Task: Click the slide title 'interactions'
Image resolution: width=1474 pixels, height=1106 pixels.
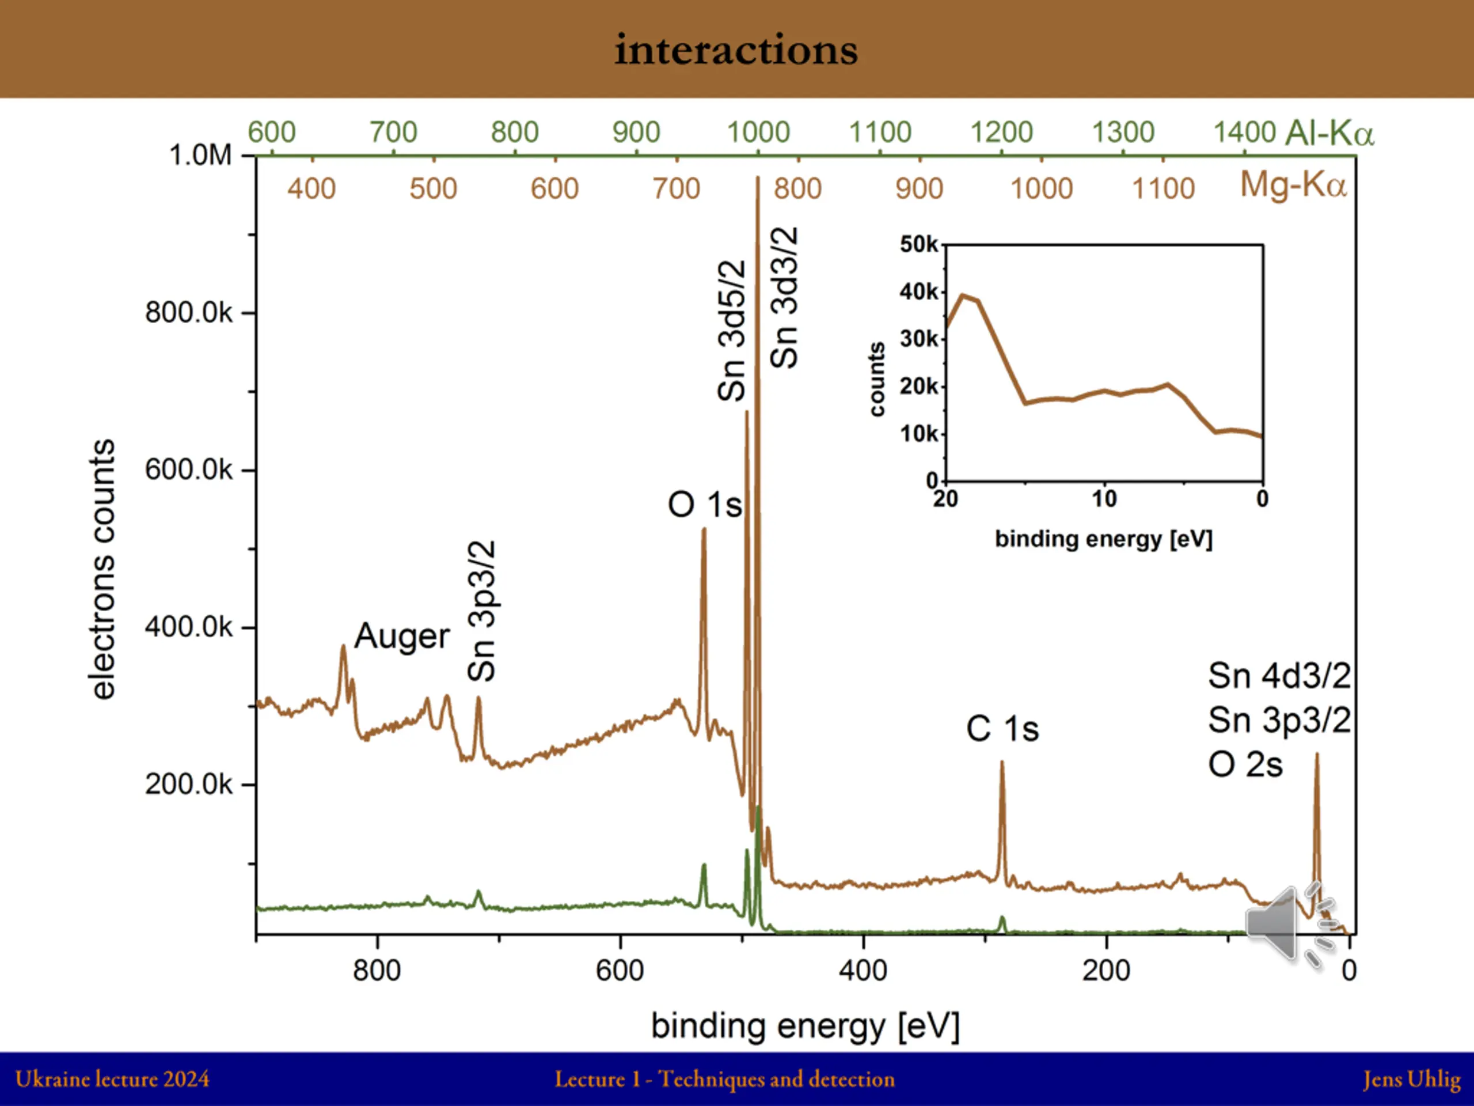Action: pyautogui.click(x=736, y=50)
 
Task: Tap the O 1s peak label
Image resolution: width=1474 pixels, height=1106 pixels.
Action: pyautogui.click(x=704, y=505)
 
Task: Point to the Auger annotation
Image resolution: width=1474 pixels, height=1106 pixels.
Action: pyautogui.click(x=402, y=636)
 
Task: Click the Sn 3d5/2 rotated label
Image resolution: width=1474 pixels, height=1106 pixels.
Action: pyautogui.click(x=731, y=331)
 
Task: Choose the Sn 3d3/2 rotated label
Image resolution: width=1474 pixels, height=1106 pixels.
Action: pyautogui.click(x=784, y=297)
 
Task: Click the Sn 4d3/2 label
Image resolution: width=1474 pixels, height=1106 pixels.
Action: pyautogui.click(x=1279, y=676)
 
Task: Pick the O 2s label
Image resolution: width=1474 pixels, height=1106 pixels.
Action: pyautogui.click(x=1245, y=764)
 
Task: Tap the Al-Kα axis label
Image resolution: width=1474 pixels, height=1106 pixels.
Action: pyautogui.click(x=1329, y=132)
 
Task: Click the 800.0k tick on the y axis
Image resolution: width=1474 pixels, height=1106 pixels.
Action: pyautogui.click(x=189, y=313)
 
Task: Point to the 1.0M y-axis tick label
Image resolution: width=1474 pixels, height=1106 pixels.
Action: pyautogui.click(x=200, y=156)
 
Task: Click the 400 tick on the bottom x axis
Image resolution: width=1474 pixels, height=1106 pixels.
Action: pyautogui.click(x=863, y=971)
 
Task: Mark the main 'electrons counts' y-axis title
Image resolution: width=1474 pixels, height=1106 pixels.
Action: pyautogui.click(x=102, y=569)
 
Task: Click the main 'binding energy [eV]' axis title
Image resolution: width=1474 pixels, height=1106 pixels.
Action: pyautogui.click(x=805, y=1026)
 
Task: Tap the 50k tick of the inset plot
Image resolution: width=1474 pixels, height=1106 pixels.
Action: pyautogui.click(x=918, y=244)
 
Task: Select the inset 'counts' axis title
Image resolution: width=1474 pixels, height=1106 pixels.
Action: pyautogui.click(x=877, y=380)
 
